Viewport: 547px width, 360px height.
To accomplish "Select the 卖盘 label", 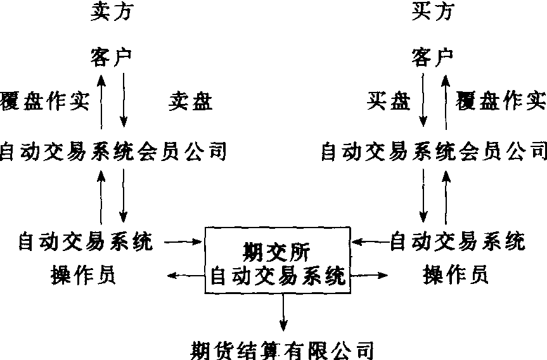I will click(x=190, y=101).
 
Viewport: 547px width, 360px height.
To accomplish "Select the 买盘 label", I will click(x=388, y=101).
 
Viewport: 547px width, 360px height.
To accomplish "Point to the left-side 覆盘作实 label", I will click(x=45, y=101).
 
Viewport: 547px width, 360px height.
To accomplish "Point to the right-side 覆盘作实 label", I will click(x=501, y=101).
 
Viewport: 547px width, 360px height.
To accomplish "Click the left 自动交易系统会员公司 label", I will click(x=113, y=151).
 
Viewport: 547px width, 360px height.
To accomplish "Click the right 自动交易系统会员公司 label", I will click(x=434, y=151).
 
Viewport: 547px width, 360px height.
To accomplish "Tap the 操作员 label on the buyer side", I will click(x=456, y=276).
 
